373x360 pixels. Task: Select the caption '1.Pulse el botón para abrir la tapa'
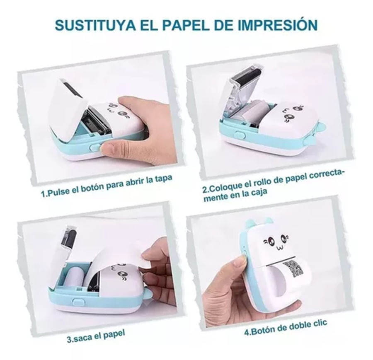[107, 185]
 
